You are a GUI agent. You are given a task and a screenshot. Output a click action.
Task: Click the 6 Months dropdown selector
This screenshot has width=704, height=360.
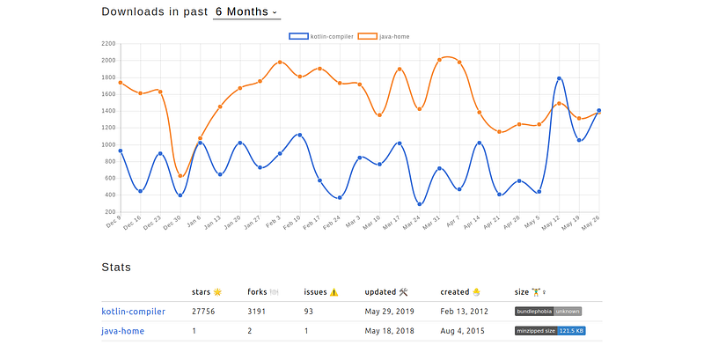(246, 12)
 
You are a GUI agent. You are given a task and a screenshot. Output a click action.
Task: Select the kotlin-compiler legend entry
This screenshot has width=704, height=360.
(322, 36)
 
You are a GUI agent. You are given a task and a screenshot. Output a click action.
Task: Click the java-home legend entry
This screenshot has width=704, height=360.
(388, 36)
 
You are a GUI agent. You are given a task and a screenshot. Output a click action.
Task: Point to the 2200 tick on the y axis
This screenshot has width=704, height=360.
(108, 43)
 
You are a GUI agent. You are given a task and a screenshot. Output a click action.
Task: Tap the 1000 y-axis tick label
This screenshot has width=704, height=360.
(108, 144)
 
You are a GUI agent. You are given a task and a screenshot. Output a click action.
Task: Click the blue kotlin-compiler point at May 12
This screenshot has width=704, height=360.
(559, 79)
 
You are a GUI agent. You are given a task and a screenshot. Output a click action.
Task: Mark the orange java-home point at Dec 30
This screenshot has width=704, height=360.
(180, 176)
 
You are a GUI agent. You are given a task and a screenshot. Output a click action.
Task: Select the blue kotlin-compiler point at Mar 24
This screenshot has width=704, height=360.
(420, 204)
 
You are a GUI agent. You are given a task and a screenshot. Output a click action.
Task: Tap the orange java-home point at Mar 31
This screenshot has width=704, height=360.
(439, 60)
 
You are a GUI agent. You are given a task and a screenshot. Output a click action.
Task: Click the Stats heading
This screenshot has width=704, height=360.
(116, 266)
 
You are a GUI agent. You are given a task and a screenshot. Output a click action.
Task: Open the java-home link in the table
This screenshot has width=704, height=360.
(122, 331)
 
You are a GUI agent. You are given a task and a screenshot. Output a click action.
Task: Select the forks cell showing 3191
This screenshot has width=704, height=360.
(258, 311)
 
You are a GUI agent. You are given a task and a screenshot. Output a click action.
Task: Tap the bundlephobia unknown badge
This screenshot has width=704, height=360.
(547, 311)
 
